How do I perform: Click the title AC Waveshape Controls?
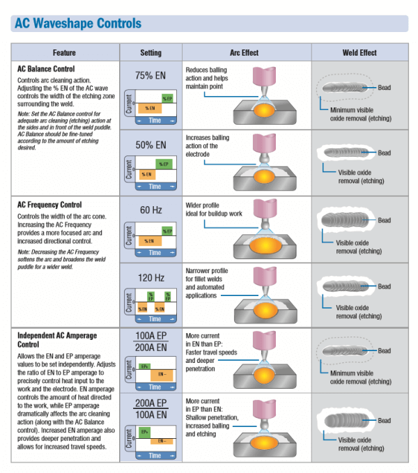point(77,24)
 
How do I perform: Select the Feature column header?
point(64,53)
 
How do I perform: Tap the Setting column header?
point(150,53)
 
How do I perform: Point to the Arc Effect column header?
point(244,53)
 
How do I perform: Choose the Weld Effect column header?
point(359,53)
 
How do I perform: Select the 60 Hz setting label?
point(150,210)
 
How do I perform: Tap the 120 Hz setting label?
point(150,278)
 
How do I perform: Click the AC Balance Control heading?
point(46,69)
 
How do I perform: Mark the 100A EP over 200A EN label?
point(150,342)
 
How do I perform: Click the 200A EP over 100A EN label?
point(150,410)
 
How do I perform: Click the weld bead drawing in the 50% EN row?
point(348,153)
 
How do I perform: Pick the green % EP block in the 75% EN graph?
point(167,98)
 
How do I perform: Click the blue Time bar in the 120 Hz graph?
point(155,319)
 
